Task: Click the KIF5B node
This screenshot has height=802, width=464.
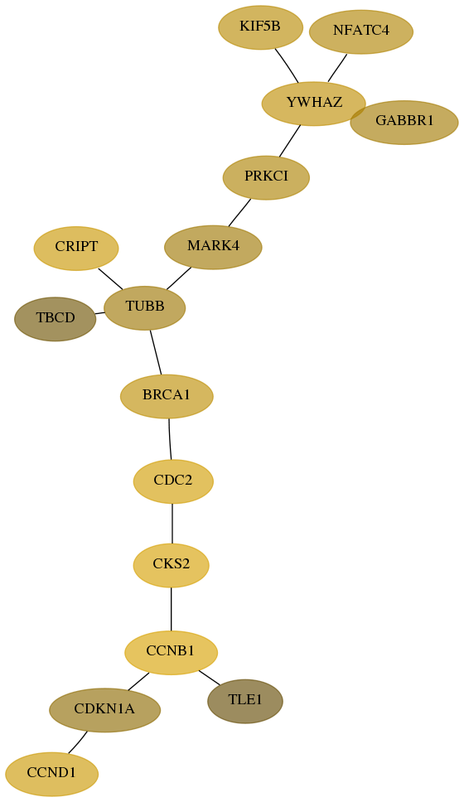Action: click(x=260, y=27)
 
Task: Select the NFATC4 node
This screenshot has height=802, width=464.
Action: click(x=361, y=31)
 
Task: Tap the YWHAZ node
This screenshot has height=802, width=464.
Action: click(x=313, y=104)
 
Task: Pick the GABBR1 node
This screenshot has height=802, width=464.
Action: click(x=404, y=123)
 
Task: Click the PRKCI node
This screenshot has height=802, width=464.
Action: click(x=266, y=177)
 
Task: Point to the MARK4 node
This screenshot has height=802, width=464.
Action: click(x=213, y=247)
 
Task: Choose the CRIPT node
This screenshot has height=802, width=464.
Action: click(x=76, y=248)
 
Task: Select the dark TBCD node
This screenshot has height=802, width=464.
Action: click(x=56, y=319)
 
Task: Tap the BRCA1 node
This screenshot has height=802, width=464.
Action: click(x=167, y=396)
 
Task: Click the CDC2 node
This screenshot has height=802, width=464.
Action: click(x=173, y=481)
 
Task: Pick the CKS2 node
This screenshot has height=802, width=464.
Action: click(x=172, y=565)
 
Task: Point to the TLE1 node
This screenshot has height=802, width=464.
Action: click(x=245, y=701)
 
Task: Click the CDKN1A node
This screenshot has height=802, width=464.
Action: click(x=105, y=710)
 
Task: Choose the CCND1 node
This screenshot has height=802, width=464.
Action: click(x=51, y=774)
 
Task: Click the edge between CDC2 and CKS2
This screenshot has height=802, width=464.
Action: click(x=172, y=524)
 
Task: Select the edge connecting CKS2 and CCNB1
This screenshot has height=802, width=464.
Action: click(x=172, y=609)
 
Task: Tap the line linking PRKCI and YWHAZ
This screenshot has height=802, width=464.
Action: click(x=289, y=141)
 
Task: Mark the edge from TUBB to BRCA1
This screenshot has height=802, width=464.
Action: click(x=156, y=352)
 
